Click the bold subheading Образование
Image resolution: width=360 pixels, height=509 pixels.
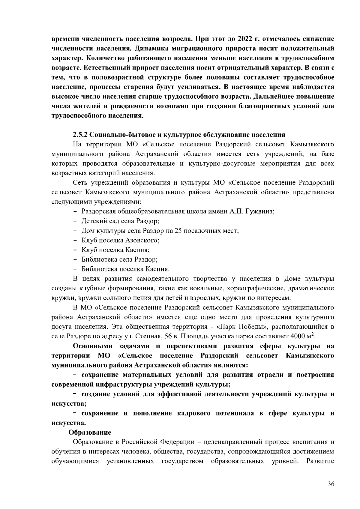coord(90,433)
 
